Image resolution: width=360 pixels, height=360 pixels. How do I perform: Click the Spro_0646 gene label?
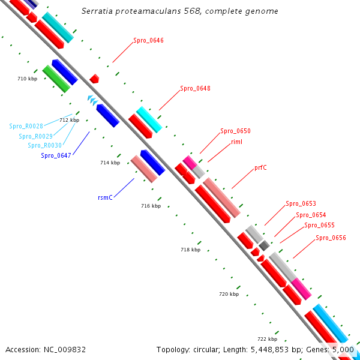pyautogui.click(x=148, y=40)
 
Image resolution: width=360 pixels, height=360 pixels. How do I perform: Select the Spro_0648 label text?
pyautogui.click(x=195, y=88)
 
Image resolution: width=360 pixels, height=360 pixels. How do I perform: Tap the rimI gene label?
pyautogui.click(x=236, y=142)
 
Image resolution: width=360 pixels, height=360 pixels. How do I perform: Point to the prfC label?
pyautogui.click(x=260, y=167)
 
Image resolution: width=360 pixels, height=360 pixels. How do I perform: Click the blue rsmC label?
pyautogui.click(x=105, y=197)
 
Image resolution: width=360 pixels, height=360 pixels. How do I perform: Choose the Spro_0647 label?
pyautogui.click(x=56, y=155)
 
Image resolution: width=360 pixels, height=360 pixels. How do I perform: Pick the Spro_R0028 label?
pyautogui.click(x=26, y=126)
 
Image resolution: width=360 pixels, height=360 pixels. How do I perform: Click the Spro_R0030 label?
pyautogui.click(x=45, y=145)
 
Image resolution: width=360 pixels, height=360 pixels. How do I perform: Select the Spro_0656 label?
pyautogui.click(x=331, y=238)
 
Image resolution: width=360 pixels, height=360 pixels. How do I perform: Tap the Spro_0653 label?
pyautogui.click(x=301, y=203)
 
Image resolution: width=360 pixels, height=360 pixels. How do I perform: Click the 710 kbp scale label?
pyautogui.click(x=28, y=79)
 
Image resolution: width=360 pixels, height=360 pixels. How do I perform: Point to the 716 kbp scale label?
pyautogui.click(x=151, y=206)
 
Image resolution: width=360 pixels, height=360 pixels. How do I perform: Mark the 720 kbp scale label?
pyautogui.click(x=229, y=294)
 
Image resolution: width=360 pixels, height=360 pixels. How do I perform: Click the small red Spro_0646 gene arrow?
pyautogui.click(x=94, y=79)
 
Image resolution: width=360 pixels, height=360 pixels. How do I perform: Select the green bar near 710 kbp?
pyautogui.click(x=56, y=79)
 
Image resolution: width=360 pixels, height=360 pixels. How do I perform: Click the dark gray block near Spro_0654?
pyautogui.click(x=264, y=245)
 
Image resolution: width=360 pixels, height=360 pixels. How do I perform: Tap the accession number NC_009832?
pyautogui.click(x=65, y=350)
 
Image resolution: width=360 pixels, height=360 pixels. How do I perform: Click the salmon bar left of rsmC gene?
pyautogui.click(x=144, y=169)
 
